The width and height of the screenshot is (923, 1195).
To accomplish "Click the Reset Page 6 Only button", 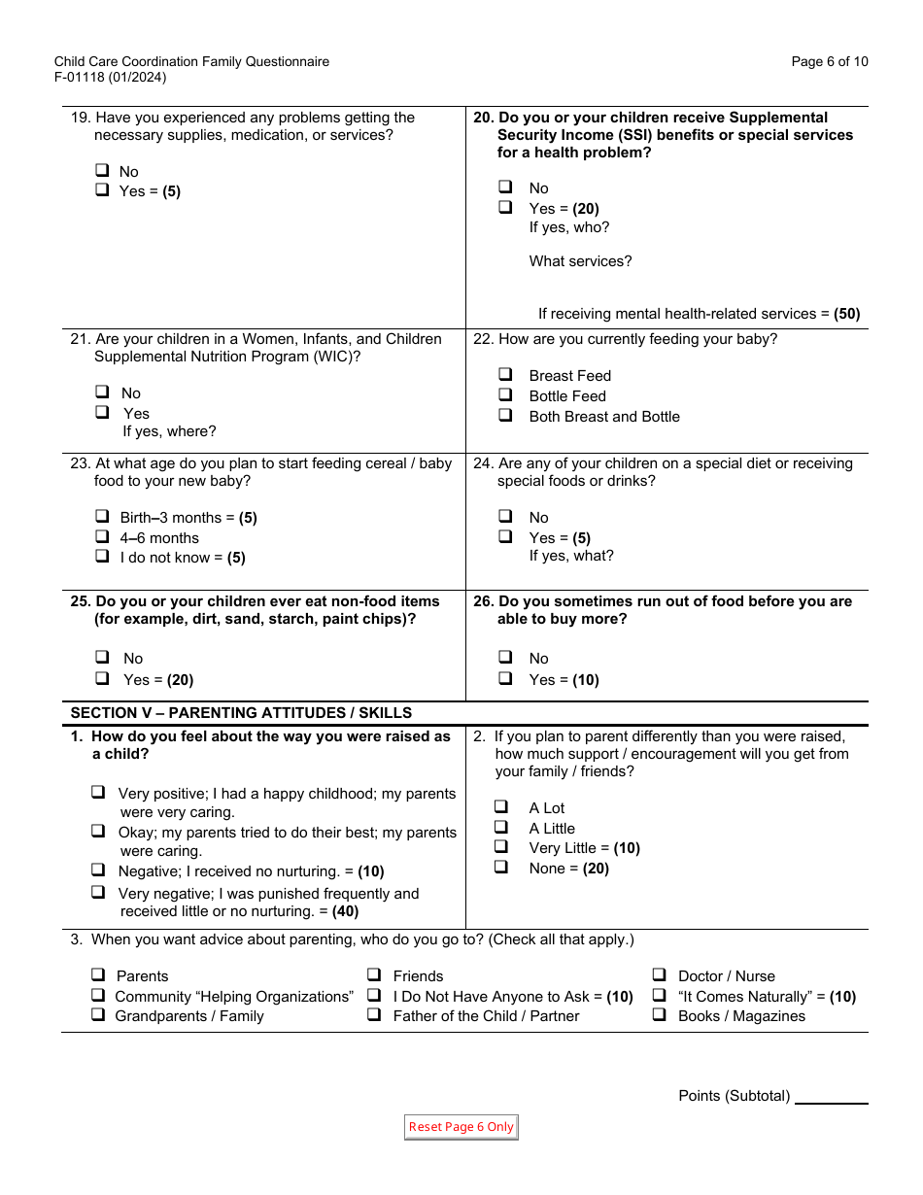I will [x=461, y=1127].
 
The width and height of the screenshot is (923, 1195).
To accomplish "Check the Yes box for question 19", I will [x=102, y=191].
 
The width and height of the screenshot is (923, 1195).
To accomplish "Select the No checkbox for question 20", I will [x=505, y=187].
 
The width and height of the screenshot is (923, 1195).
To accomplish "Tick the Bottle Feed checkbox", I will [x=505, y=395].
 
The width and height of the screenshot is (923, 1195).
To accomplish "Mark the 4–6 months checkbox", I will [x=102, y=537].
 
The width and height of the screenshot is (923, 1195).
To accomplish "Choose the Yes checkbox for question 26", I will [x=505, y=679].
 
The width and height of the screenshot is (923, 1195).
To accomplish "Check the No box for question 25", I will [x=102, y=658].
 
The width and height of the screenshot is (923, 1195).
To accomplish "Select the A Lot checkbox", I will [x=501, y=806].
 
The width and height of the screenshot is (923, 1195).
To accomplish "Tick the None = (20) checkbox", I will [x=501, y=868].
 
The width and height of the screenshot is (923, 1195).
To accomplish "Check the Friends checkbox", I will [x=374, y=975].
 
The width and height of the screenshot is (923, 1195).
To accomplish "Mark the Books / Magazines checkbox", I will [x=659, y=1015].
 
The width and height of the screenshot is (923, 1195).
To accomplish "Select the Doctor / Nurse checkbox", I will [x=659, y=975].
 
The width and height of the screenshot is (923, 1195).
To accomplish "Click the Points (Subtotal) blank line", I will [x=831, y=1096].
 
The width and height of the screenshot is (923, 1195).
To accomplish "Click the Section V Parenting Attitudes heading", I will [x=241, y=713].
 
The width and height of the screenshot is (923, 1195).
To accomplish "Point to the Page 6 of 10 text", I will [x=830, y=62].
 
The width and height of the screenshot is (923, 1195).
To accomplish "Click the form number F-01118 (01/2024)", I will [x=110, y=78].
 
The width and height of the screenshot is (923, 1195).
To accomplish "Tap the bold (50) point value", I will [x=847, y=314].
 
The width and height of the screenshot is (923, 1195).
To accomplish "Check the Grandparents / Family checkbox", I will [x=98, y=1015].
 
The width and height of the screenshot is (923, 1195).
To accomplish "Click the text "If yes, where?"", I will [x=169, y=431].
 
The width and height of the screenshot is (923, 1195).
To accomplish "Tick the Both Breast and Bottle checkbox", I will [x=505, y=416].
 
